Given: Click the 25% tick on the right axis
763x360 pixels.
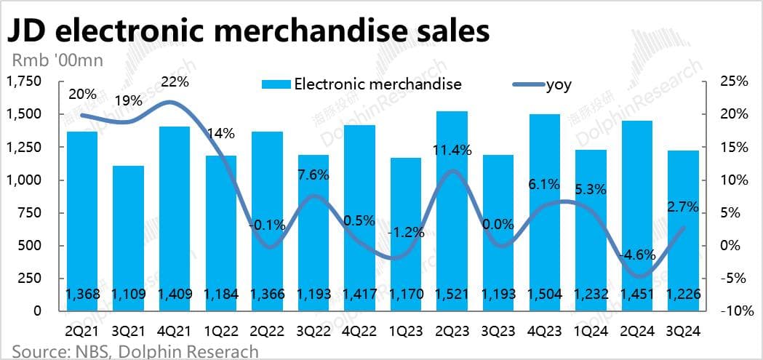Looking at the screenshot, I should click(732, 81).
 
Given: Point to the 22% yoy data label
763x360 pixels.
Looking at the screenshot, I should click(175, 82).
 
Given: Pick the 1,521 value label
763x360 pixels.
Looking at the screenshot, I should click(452, 294).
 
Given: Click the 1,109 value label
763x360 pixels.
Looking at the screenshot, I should click(128, 294).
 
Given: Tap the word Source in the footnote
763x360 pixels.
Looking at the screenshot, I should click(35, 351).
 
